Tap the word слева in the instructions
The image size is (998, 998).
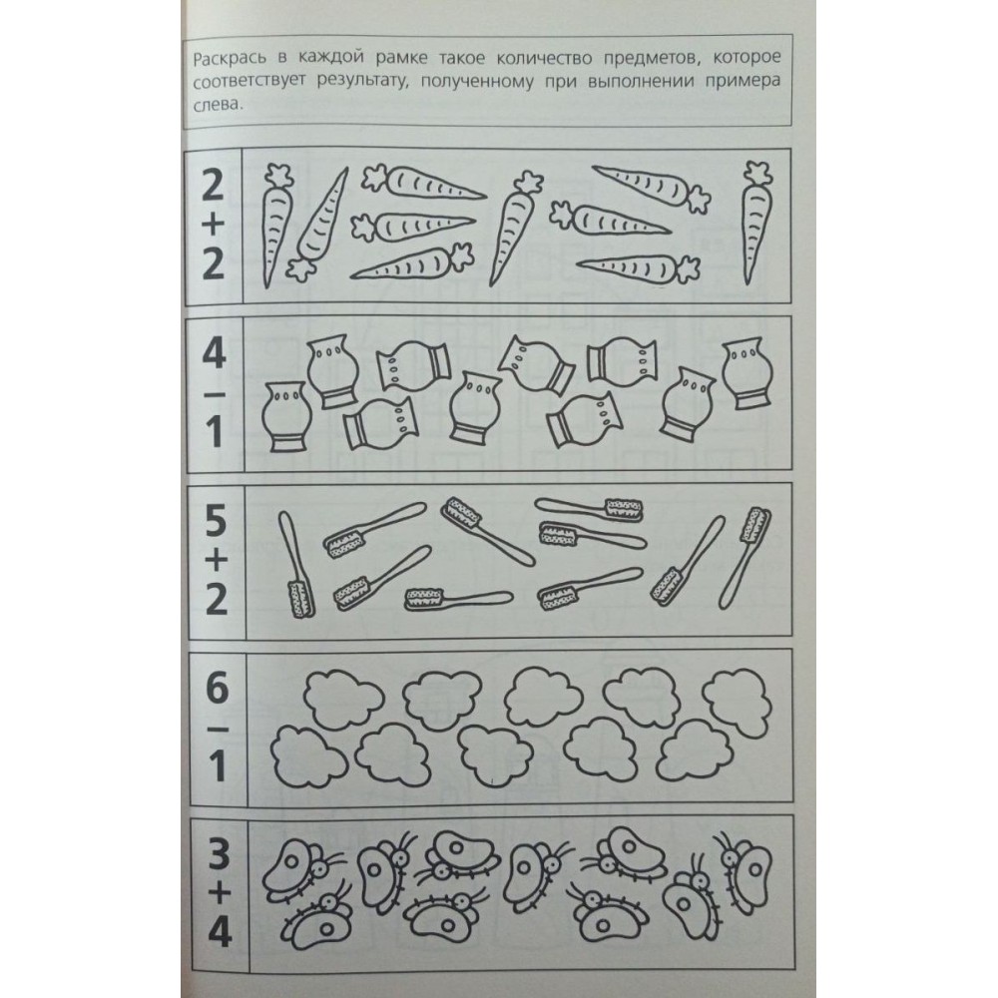pyautogui.click(x=218, y=106)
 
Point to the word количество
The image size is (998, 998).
pyautogui.click(x=544, y=59)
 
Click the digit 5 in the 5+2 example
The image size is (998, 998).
pyautogui.click(x=216, y=521)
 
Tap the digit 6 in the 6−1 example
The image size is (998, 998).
pyautogui.click(x=218, y=688)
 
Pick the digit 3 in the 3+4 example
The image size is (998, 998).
pyautogui.click(x=219, y=855)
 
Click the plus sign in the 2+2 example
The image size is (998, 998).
pyautogui.click(x=214, y=224)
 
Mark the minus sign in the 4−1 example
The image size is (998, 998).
pyautogui.click(x=216, y=394)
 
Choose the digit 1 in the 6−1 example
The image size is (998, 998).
pyautogui.click(x=217, y=765)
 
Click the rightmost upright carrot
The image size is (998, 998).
pyautogui.click(x=756, y=223)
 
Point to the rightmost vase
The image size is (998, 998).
pyautogui.click(x=748, y=373)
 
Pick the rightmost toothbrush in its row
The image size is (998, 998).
pyautogui.click(x=745, y=558)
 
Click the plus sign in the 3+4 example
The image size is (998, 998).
pyautogui.click(x=219, y=895)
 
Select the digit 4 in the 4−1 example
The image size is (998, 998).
pyautogui.click(x=215, y=352)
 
